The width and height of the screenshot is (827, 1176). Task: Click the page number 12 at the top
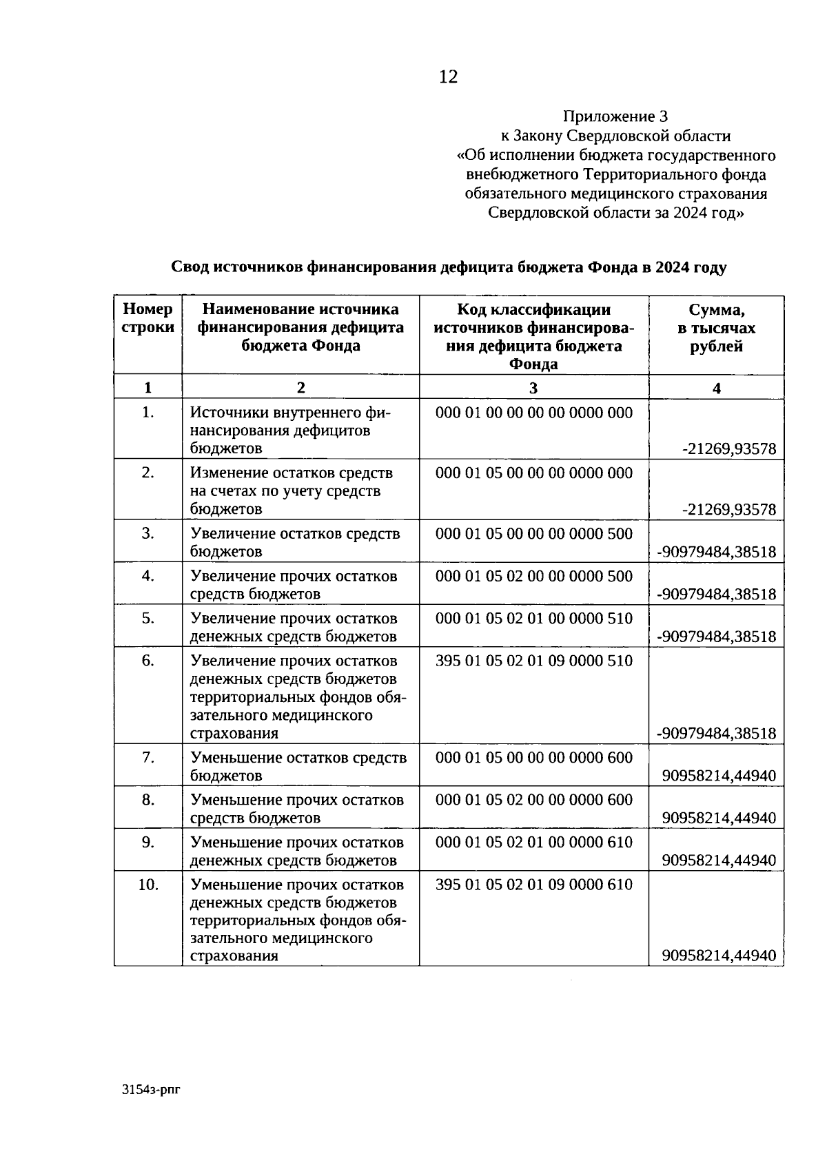pyautogui.click(x=448, y=76)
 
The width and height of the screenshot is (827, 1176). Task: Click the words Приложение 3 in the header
pyautogui.click(x=615, y=116)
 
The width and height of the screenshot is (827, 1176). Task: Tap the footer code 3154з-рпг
pyautogui.click(x=150, y=1089)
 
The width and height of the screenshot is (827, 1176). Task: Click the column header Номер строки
pyautogui.click(x=147, y=318)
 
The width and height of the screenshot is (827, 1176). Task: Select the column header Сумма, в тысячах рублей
pyautogui.click(x=716, y=328)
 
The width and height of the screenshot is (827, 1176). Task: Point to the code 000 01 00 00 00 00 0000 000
pyautogui.click(x=533, y=413)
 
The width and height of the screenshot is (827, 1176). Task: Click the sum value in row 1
pyautogui.click(x=728, y=450)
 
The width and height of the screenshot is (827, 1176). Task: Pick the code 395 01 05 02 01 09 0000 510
pyautogui.click(x=533, y=661)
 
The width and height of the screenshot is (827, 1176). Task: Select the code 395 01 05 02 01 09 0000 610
pyautogui.click(x=533, y=884)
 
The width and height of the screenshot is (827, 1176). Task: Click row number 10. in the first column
pyautogui.click(x=147, y=884)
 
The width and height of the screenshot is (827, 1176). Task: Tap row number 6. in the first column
pyautogui.click(x=147, y=661)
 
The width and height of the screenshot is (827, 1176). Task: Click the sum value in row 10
pyautogui.click(x=719, y=956)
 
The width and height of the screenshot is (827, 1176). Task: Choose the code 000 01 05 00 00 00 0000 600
pyautogui.click(x=533, y=758)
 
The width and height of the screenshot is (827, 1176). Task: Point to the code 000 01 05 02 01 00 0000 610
pyautogui.click(x=533, y=842)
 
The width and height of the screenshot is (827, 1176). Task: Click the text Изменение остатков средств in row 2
pyautogui.click(x=292, y=473)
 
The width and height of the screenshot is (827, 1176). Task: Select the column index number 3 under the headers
pyautogui.click(x=533, y=388)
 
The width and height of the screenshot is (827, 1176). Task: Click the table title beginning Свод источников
pyautogui.click(x=448, y=267)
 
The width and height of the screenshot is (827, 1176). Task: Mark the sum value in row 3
pyautogui.click(x=716, y=552)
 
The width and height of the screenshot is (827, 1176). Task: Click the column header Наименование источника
pyautogui.click(x=300, y=309)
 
